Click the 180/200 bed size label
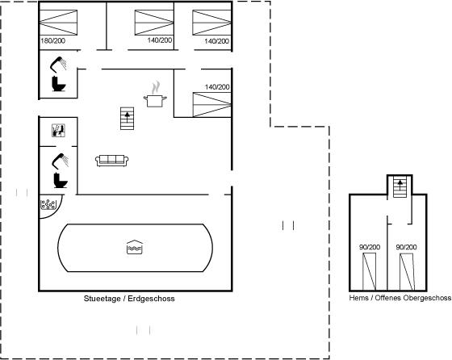click(53, 41)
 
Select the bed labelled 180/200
click(58, 23)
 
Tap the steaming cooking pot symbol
click(155, 94)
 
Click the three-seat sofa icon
click(112, 161)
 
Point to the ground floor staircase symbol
click(128, 119)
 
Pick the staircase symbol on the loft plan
click(400, 186)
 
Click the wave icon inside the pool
click(135, 247)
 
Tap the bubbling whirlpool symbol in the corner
click(48, 204)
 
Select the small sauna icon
click(58, 131)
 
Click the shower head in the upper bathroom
click(58, 64)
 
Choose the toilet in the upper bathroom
click(59, 84)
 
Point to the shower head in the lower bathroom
click(61, 161)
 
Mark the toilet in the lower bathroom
click(61, 180)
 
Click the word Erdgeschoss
click(152, 299)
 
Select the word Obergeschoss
click(427, 298)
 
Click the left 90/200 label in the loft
click(370, 247)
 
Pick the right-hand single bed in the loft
click(407, 272)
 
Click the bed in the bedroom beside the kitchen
click(211, 105)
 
